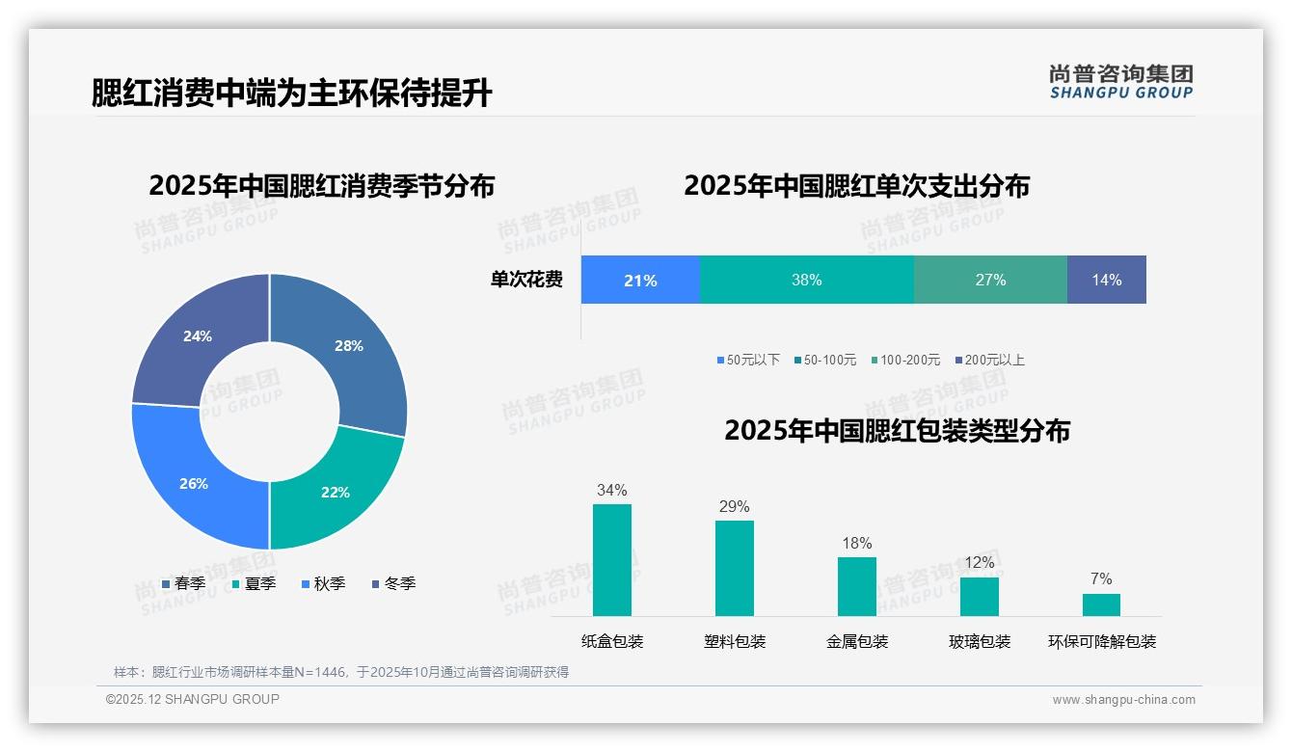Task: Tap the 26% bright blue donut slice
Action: (194, 482)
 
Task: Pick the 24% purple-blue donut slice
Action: (198, 336)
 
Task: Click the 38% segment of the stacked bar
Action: (806, 280)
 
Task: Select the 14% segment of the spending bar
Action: (1106, 280)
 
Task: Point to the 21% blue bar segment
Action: (640, 280)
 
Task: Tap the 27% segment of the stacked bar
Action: (990, 280)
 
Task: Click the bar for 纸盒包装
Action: (611, 560)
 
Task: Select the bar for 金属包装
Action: (856, 586)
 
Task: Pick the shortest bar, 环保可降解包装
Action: (1101, 604)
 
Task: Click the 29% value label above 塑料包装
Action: (734, 507)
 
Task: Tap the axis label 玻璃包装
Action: (980, 642)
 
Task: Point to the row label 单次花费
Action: (526, 280)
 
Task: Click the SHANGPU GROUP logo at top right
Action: (1120, 81)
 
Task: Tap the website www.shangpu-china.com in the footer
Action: (1123, 700)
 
